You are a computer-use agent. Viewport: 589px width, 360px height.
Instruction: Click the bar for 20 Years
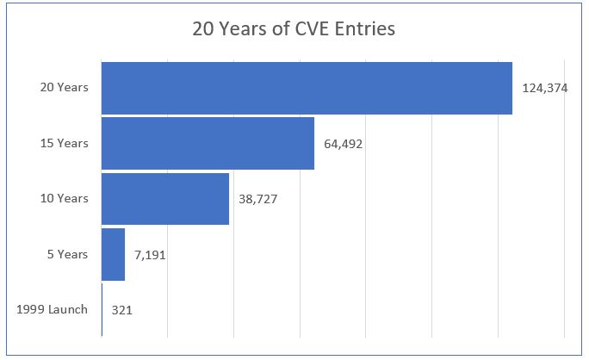tap(307, 88)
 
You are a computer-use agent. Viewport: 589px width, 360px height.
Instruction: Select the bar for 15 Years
tap(208, 143)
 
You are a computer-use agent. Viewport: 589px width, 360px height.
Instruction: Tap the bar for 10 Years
tap(165, 198)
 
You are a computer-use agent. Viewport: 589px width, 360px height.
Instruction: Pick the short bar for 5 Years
tap(113, 254)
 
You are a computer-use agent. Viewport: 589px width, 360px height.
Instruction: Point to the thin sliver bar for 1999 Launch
tap(102, 308)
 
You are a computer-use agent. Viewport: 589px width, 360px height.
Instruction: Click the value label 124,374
tap(544, 88)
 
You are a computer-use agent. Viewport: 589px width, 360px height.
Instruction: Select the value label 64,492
tap(344, 144)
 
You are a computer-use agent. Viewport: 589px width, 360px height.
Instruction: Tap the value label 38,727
tap(257, 199)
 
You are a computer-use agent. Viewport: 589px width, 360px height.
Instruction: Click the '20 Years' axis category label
tap(64, 88)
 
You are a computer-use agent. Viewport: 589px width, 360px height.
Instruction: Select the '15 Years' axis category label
tap(64, 143)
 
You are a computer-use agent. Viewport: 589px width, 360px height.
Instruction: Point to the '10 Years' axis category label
tap(64, 198)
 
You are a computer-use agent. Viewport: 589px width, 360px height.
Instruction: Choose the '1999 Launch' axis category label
tap(52, 308)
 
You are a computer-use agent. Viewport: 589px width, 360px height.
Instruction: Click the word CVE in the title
tap(316, 28)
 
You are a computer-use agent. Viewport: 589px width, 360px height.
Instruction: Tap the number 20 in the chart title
tap(201, 28)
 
